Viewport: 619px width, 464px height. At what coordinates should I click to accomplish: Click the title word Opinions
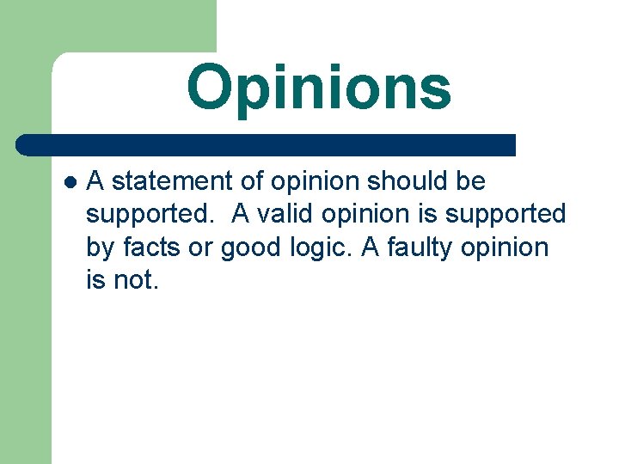point(319,88)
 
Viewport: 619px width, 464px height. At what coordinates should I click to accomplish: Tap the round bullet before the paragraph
point(70,182)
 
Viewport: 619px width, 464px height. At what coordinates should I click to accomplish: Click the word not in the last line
point(136,280)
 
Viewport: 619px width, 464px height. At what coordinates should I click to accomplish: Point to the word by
point(100,249)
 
